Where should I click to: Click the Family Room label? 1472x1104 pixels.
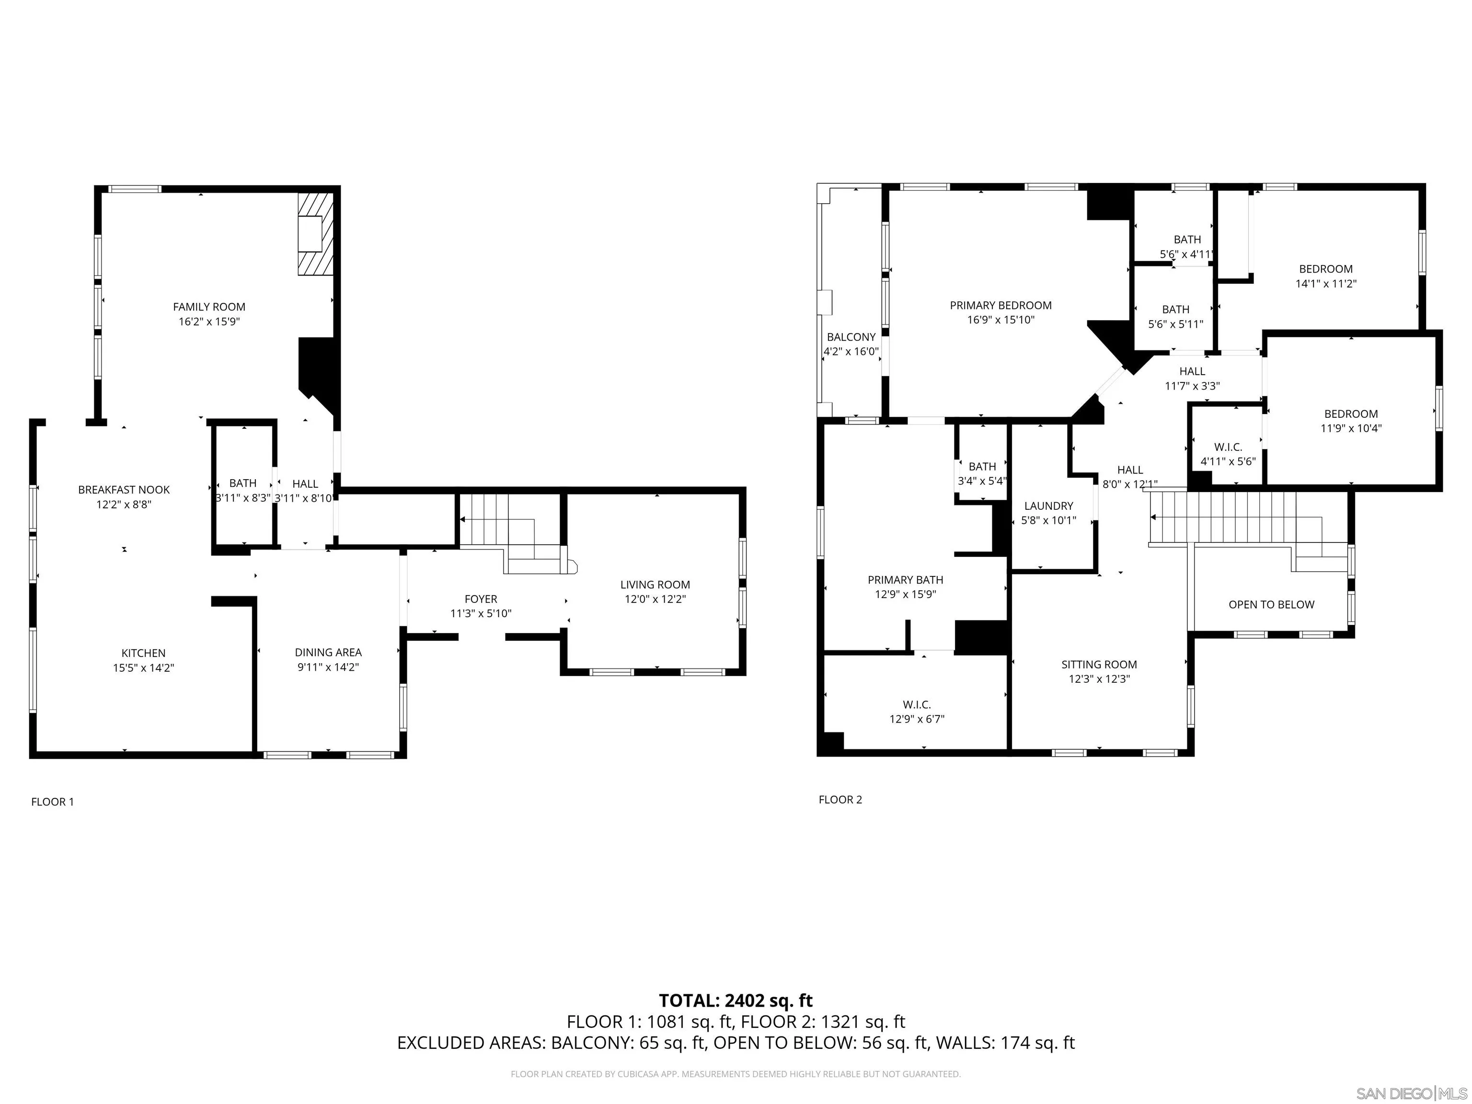(x=209, y=307)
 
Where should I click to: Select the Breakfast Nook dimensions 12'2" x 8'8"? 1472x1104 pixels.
(x=124, y=505)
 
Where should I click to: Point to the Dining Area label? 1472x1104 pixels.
(x=328, y=653)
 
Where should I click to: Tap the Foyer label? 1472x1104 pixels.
(x=481, y=599)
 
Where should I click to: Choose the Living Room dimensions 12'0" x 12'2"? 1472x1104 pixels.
(x=655, y=599)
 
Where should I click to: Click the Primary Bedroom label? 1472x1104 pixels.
(x=1000, y=305)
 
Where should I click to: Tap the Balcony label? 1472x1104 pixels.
(x=851, y=337)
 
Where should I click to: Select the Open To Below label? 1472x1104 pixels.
(x=1271, y=605)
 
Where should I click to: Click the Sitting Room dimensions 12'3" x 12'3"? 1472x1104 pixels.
(x=1099, y=679)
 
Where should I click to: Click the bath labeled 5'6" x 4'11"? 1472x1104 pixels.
(x=1187, y=247)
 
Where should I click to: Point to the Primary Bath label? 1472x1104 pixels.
(x=905, y=580)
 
